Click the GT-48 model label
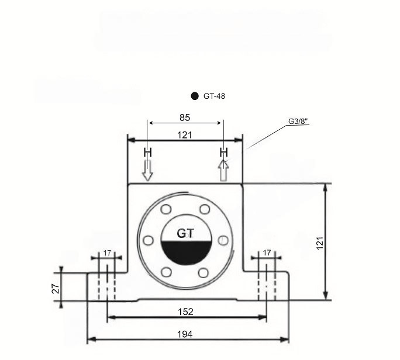tap(214, 96)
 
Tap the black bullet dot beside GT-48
tap(195, 96)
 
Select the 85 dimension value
tap(185, 117)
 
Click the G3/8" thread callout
tap(298, 122)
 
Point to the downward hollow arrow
tap(147, 171)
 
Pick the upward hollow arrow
tap(223, 171)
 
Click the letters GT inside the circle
tap(185, 234)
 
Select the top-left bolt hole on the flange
tap(166, 210)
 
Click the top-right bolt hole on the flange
tap(205, 209)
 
